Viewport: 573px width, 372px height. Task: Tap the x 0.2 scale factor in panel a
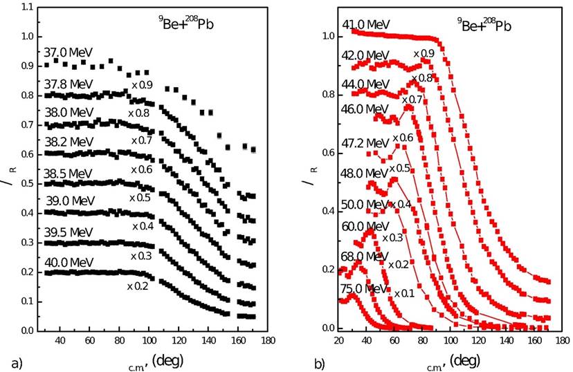pos(139,286)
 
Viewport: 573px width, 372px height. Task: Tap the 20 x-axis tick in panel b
pos(339,341)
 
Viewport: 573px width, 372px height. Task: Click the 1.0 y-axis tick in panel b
pos(327,36)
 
